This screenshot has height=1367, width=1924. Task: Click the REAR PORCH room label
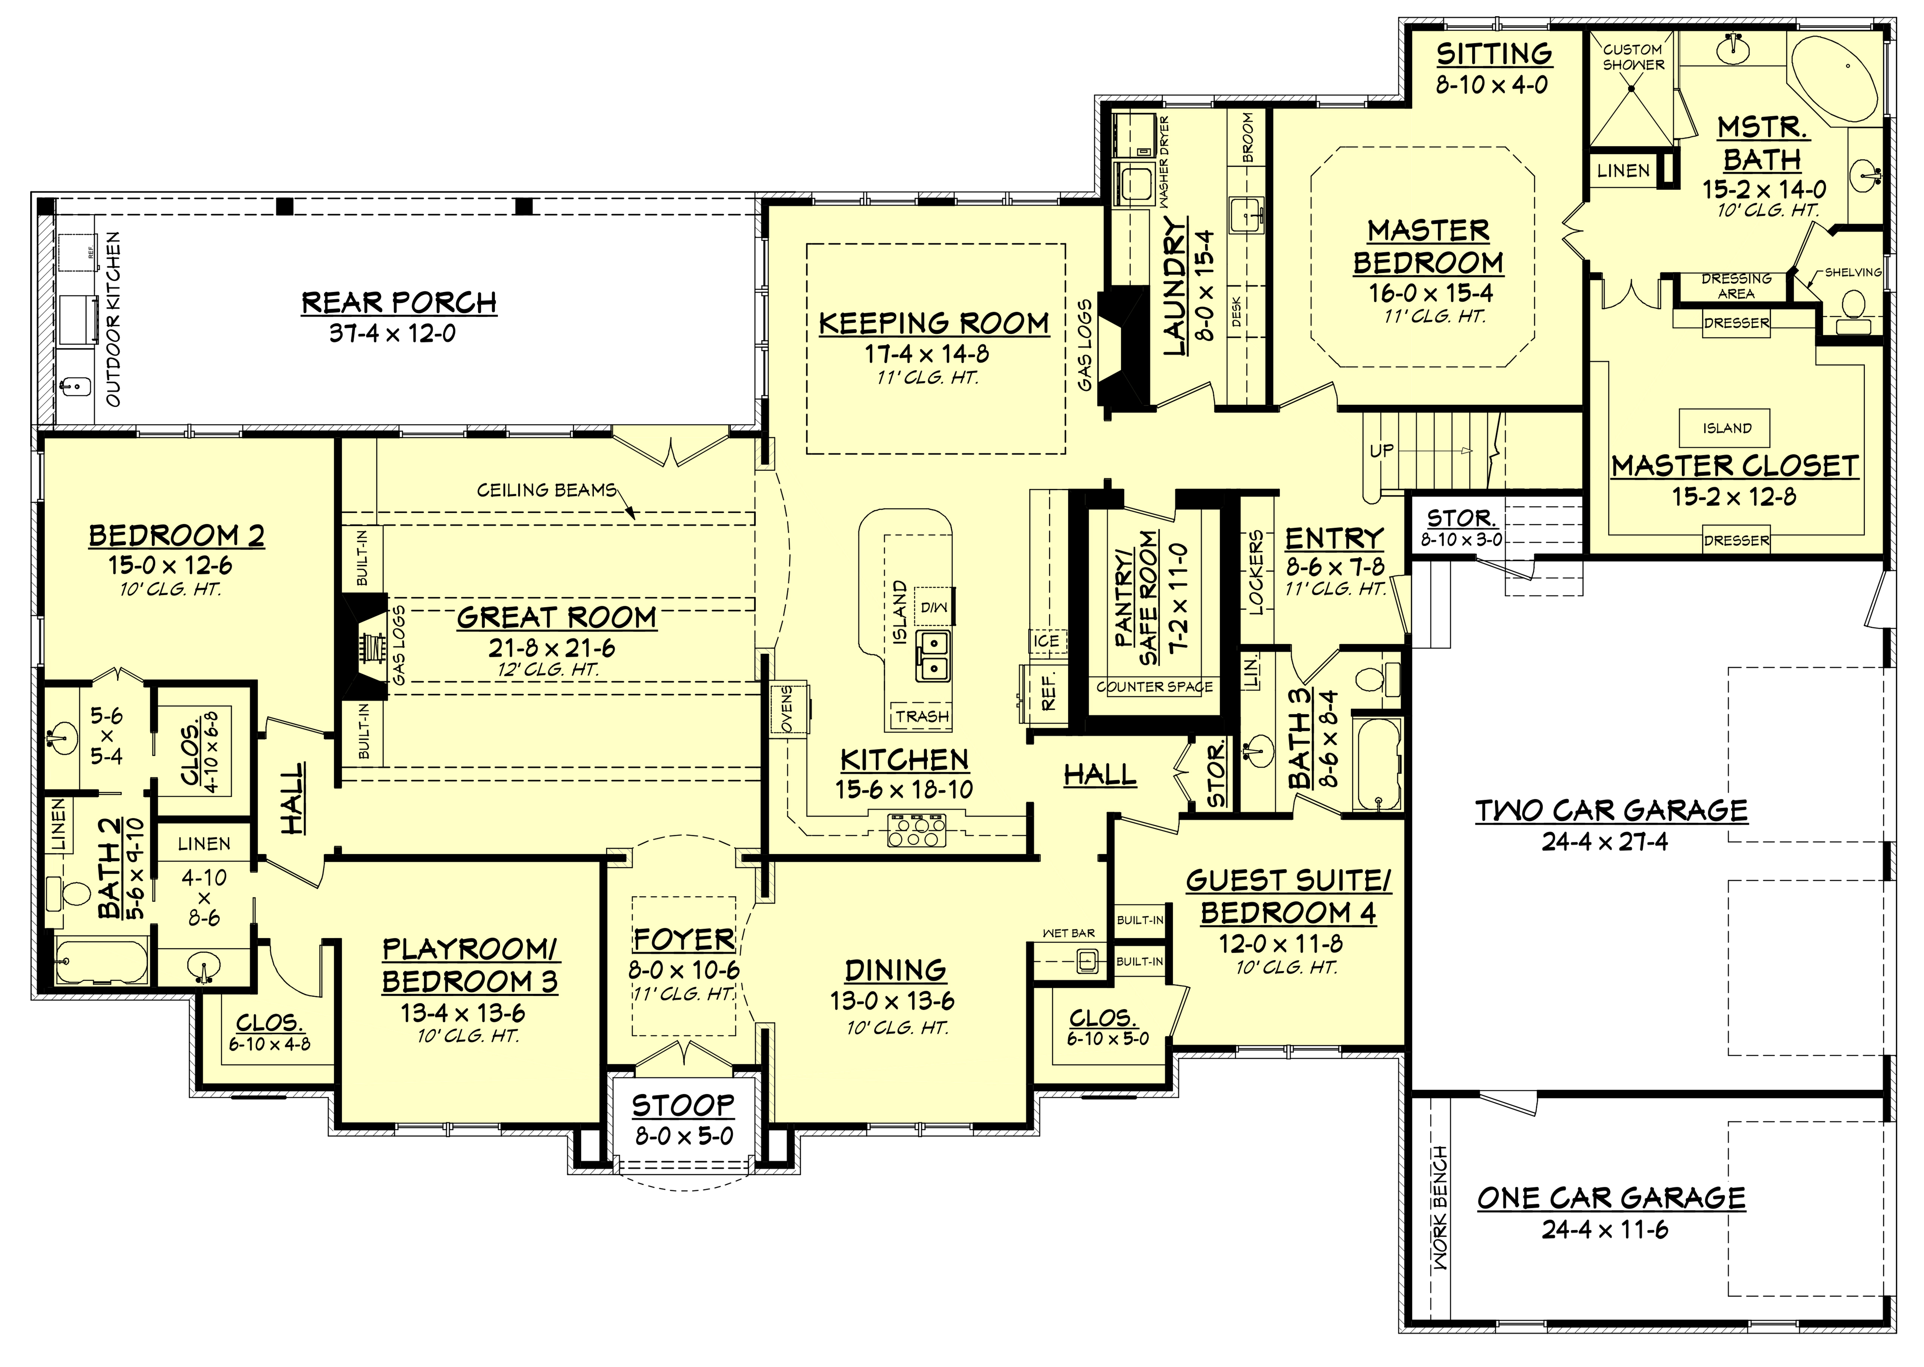coord(399,302)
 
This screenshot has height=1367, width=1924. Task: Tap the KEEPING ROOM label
coord(934,323)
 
